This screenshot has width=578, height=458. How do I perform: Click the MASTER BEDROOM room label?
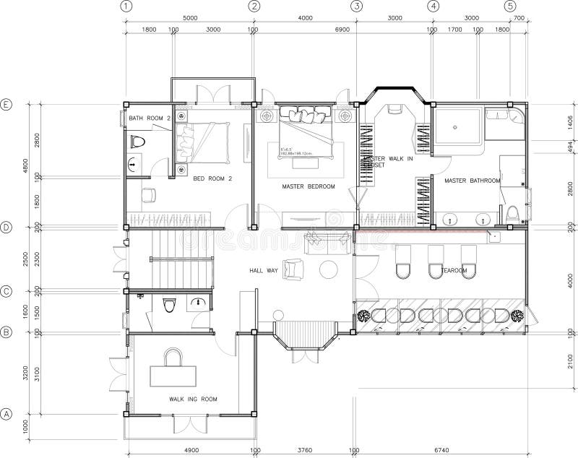point(309,186)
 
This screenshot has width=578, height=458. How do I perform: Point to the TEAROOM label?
point(454,271)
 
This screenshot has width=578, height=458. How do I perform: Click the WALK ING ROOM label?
point(193,399)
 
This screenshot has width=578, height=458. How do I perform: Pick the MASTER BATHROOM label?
point(472,181)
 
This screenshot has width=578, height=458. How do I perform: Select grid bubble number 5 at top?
point(509,6)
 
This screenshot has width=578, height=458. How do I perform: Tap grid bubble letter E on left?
point(7,104)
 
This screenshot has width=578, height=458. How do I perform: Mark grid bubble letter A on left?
point(7,415)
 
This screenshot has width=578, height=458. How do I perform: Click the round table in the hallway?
point(329,269)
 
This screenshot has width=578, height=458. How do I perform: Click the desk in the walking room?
point(173,376)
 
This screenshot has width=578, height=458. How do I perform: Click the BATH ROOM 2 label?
point(149,118)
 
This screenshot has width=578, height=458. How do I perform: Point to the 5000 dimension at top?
point(190,17)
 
